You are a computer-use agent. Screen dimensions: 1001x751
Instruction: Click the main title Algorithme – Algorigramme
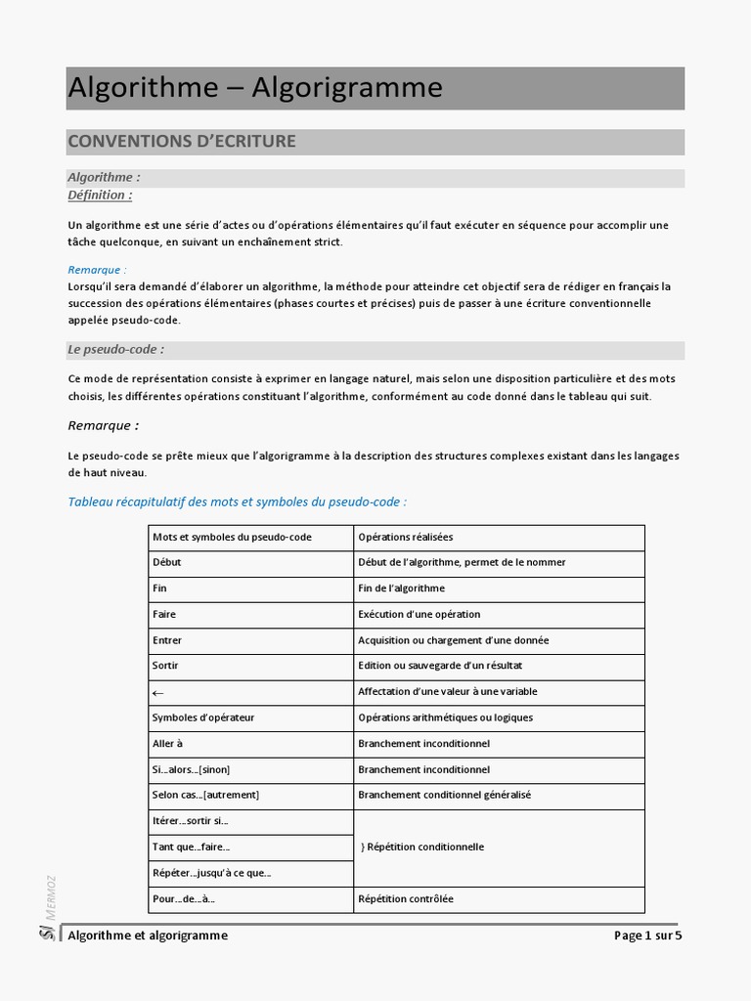pos(255,88)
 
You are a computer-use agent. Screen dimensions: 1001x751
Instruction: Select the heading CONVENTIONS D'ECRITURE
pos(182,142)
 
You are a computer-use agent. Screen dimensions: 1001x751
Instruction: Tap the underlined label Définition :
pos(100,195)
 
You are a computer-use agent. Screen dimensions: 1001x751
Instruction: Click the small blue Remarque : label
pos(97,270)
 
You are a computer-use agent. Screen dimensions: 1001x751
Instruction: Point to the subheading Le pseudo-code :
pos(115,349)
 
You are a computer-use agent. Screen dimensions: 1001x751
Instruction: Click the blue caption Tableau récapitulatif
pos(237,501)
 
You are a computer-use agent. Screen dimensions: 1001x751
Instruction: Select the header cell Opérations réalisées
pos(406,537)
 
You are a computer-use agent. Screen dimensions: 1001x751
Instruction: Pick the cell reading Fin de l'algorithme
pos(402,588)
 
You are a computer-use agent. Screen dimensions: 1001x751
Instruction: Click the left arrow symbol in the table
pos(158,692)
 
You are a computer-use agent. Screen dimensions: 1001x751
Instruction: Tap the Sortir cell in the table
pos(165,666)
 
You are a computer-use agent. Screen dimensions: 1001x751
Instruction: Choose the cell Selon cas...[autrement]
pos(205,796)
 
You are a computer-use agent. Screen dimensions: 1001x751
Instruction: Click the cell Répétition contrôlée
pos(406,899)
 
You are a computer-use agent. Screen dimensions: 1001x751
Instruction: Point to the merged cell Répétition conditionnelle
pos(422,847)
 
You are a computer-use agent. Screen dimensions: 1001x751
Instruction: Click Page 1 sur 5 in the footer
pos(647,936)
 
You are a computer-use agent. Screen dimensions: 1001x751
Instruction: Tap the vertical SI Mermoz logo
pos(48,909)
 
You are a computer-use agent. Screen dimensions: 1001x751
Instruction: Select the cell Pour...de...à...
pos(184,899)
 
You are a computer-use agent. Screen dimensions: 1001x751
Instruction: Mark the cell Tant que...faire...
pos(191,848)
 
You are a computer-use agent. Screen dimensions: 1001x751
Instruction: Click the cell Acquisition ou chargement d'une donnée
pos(454,640)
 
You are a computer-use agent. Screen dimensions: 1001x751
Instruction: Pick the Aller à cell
pos(167,744)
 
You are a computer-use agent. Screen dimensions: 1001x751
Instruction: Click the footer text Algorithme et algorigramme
pos(148,936)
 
